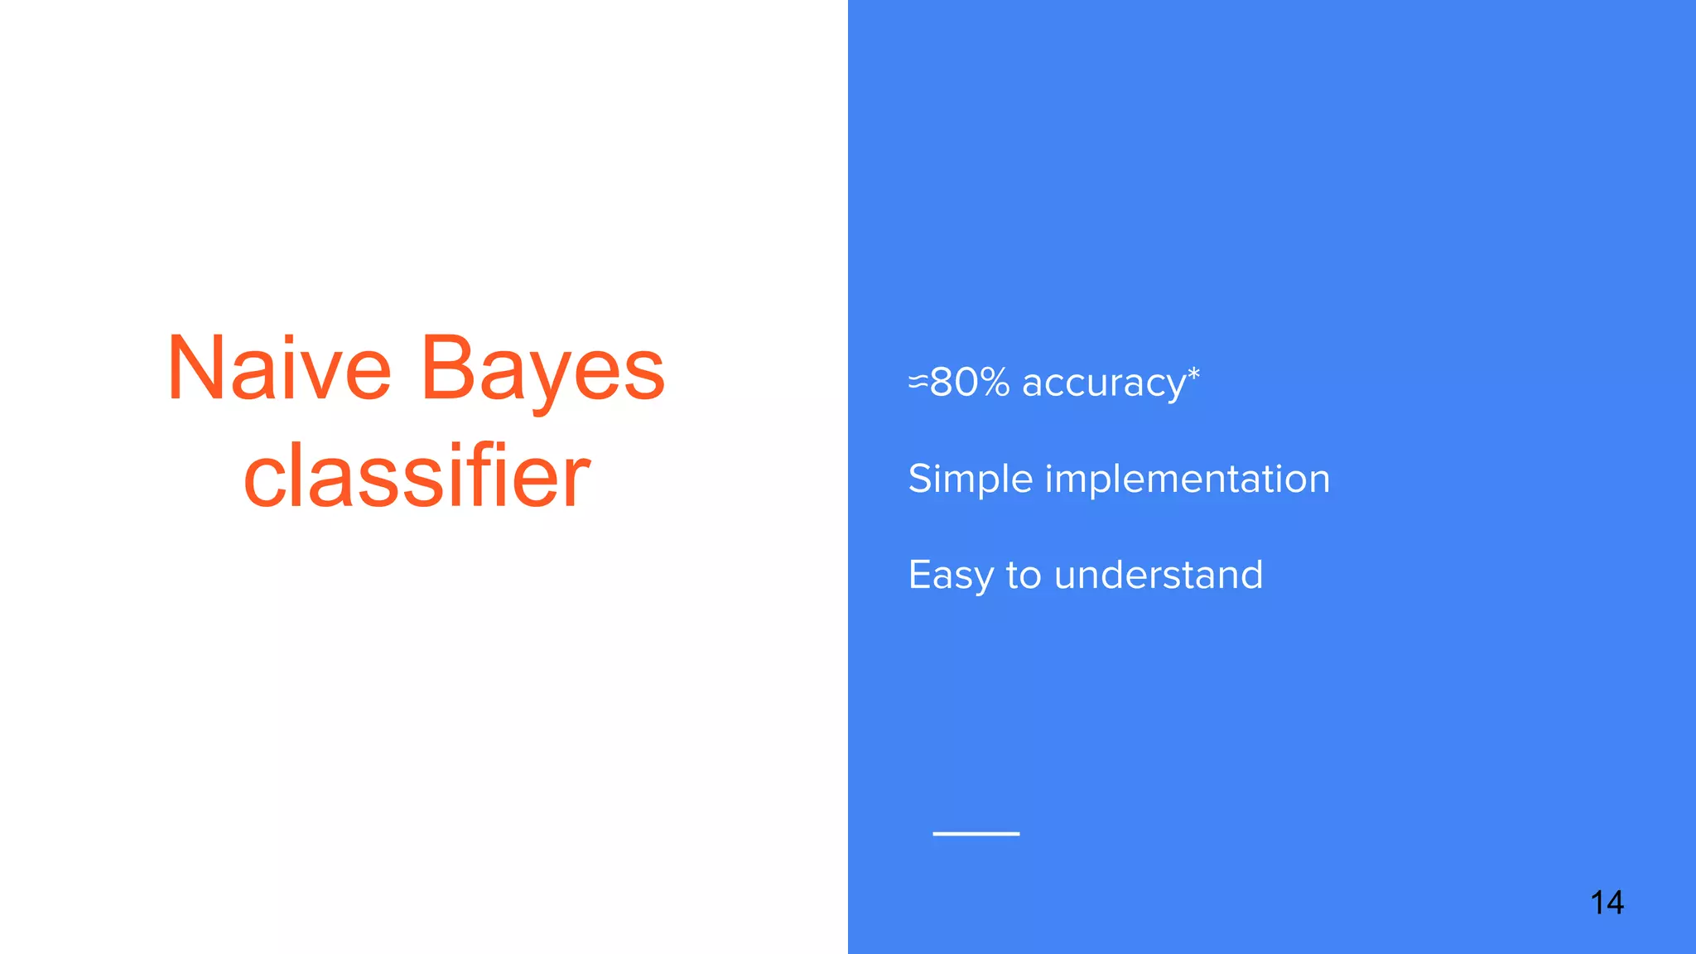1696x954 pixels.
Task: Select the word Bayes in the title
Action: coord(542,370)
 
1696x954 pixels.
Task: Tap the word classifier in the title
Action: coord(417,476)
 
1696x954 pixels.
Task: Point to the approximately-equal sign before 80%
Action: coord(918,382)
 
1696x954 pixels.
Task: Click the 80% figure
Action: coord(970,382)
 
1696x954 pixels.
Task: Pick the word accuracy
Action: coord(1104,383)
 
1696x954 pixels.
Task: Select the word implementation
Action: coord(1188,479)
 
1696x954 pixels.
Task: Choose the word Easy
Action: coord(951,575)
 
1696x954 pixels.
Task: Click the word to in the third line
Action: coord(1024,575)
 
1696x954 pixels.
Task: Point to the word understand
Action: coord(1159,575)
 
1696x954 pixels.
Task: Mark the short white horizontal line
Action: coord(976,833)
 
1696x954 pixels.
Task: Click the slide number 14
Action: coord(1607,902)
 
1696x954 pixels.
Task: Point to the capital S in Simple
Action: coord(920,479)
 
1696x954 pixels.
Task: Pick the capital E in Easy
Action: coord(919,575)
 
